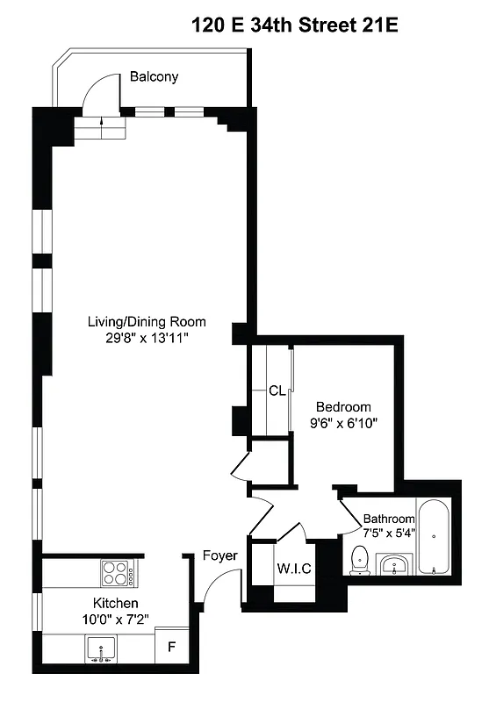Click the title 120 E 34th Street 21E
[x=294, y=26]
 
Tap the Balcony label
[x=154, y=76]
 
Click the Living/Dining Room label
[x=147, y=321]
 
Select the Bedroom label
[x=343, y=407]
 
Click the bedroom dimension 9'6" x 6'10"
[x=343, y=423]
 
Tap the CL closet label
[x=277, y=390]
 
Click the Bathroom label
[x=389, y=519]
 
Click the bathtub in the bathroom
[x=433, y=536]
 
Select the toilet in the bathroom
[x=359, y=559]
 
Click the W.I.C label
[x=293, y=568]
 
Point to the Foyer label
[x=219, y=555]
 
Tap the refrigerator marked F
[x=171, y=650]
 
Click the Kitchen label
[x=115, y=603]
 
